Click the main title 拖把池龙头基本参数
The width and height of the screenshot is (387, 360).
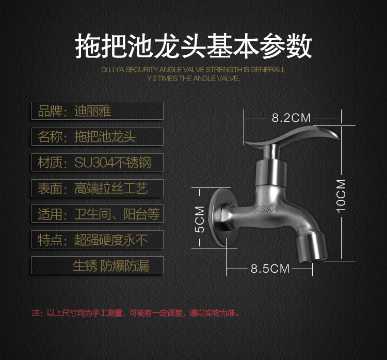(193, 46)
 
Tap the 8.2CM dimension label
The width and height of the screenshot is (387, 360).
(292, 118)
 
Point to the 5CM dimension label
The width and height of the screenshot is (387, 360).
(200, 220)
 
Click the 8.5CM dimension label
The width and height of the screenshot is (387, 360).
(270, 268)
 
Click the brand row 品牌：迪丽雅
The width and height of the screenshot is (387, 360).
(98, 111)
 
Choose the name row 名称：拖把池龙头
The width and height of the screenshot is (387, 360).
(98, 137)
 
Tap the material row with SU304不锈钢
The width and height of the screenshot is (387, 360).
(98, 163)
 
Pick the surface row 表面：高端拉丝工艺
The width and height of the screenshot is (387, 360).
(98, 188)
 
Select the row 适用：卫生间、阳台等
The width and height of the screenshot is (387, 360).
(98, 214)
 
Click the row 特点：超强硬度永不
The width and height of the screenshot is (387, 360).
(98, 239)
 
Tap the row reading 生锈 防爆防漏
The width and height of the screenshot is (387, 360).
(98, 265)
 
